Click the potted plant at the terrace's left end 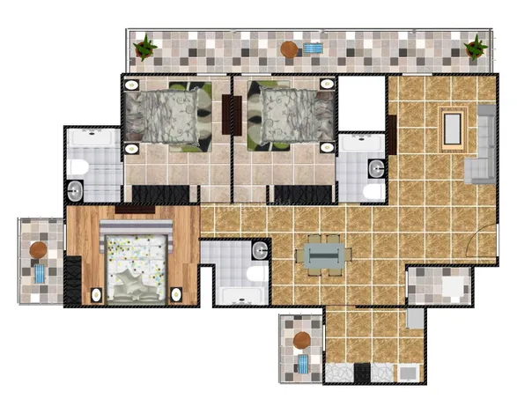point(144,46)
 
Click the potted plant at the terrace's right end point(476,45)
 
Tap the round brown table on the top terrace point(288,49)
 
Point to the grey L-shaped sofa point(483,145)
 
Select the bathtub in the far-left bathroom point(92,138)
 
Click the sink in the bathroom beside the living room point(376,166)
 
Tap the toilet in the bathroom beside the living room point(371,189)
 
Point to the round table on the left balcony point(39,251)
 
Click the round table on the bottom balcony point(302,339)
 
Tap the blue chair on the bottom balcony point(304,364)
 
